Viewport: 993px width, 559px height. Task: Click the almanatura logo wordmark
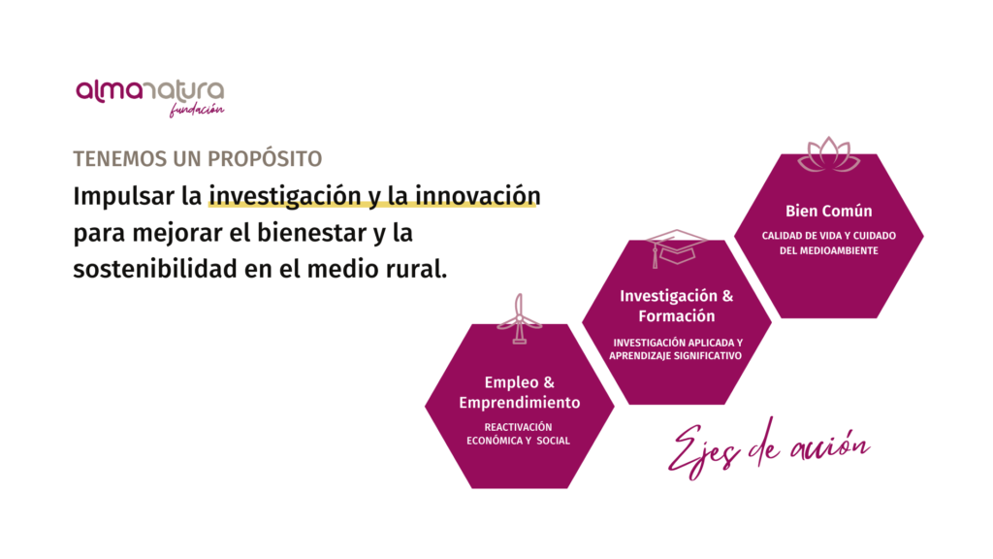point(150,91)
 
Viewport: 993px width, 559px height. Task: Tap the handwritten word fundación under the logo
point(196,110)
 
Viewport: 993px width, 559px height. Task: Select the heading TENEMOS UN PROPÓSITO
point(198,158)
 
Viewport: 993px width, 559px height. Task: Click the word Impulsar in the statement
point(124,196)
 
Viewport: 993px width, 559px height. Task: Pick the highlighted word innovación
point(478,196)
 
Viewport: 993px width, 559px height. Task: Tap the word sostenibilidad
point(155,269)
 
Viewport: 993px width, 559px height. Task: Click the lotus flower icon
point(828,154)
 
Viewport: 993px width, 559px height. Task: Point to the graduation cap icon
point(676,247)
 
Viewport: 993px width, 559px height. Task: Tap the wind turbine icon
point(520,318)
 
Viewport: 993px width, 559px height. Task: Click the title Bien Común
point(828,211)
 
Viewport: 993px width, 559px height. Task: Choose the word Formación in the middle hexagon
point(676,315)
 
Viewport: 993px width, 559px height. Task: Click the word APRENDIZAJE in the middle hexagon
point(640,356)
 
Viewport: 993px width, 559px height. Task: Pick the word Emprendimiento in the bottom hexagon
point(520,403)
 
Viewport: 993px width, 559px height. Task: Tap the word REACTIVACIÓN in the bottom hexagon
point(518,427)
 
